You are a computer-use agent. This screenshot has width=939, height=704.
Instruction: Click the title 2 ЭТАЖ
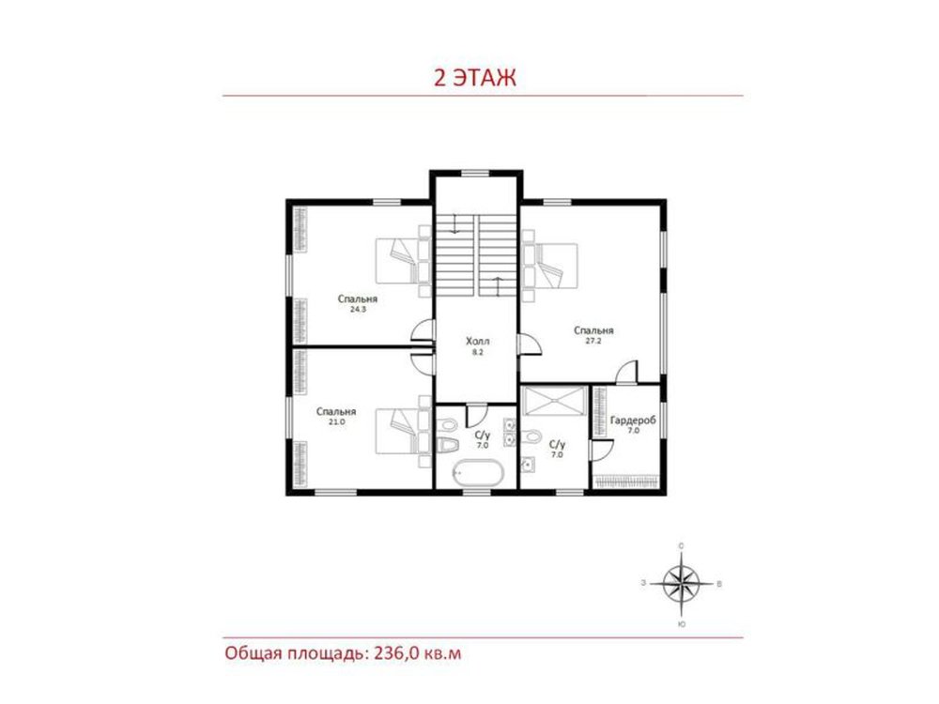[475, 78]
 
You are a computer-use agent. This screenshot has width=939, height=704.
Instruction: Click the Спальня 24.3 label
[358, 303]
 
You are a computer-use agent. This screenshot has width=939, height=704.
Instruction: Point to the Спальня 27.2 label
[593, 335]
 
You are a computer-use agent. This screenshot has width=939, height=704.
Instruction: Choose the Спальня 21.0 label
[336, 416]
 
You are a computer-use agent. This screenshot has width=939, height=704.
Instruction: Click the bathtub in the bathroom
[478, 473]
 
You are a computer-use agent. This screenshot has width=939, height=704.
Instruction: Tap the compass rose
[682, 584]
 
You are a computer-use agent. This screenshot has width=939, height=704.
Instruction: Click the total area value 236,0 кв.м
[418, 652]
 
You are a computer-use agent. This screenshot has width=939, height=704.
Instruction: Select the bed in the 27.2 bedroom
[550, 266]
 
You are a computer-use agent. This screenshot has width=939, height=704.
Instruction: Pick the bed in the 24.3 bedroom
[404, 262]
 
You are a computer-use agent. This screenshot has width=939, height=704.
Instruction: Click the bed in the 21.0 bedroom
[404, 431]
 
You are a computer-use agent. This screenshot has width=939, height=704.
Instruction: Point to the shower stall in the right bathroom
[554, 401]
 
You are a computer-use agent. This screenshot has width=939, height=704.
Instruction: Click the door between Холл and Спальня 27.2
[530, 344]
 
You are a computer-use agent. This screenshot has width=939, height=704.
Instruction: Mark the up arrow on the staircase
[497, 286]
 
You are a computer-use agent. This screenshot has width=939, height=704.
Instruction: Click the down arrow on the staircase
[455, 223]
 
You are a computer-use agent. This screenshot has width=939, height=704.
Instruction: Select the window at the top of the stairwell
[475, 174]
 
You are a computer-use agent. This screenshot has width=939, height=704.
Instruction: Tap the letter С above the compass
[682, 546]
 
